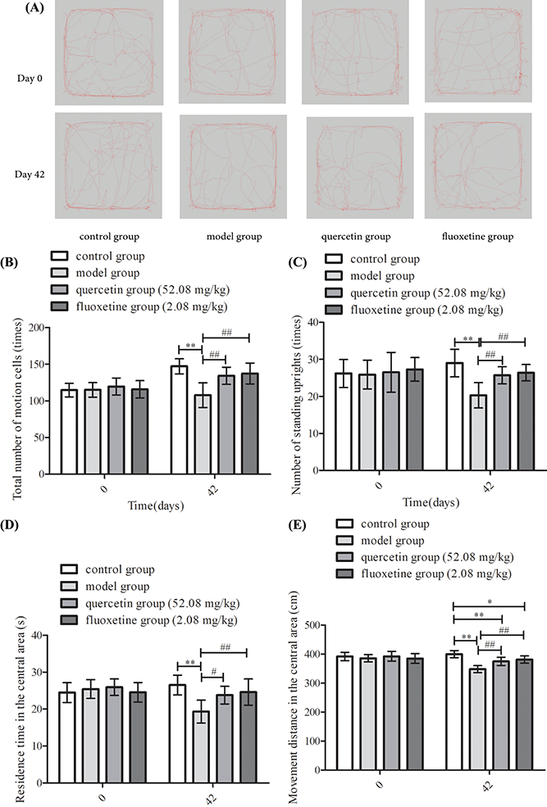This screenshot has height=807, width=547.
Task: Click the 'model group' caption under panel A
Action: pyautogui.click(x=234, y=238)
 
